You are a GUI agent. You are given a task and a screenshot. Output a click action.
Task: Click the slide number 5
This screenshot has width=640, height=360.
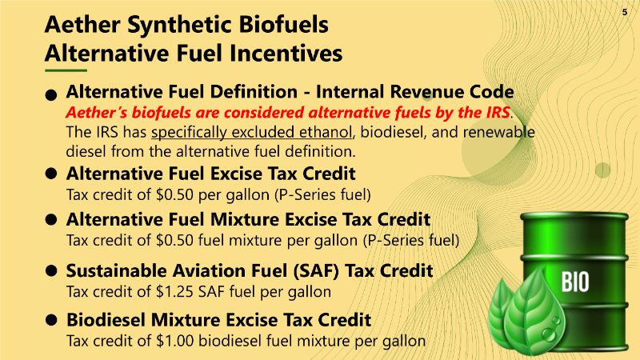(x=625, y=12)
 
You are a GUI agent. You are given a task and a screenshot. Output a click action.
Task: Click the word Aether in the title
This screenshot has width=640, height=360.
(x=82, y=24)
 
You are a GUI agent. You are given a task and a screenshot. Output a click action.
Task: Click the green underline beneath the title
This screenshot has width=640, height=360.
(x=66, y=70)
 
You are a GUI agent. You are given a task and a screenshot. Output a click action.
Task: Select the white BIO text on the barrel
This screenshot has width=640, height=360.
(x=575, y=282)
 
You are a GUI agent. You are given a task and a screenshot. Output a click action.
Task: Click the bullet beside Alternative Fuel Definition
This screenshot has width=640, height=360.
(x=51, y=95)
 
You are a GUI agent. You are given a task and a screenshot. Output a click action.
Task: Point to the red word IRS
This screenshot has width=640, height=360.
(x=497, y=112)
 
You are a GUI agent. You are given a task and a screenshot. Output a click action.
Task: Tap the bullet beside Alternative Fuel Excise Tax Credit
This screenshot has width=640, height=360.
(x=51, y=174)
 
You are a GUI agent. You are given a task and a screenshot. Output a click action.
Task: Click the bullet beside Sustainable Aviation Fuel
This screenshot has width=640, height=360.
(x=51, y=270)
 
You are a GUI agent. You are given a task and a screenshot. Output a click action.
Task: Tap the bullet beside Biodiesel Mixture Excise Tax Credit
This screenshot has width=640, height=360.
(x=51, y=319)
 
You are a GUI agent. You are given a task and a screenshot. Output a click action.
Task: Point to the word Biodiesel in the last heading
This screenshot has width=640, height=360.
(x=106, y=319)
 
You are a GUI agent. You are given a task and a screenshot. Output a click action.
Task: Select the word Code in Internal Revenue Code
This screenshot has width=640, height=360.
(x=491, y=92)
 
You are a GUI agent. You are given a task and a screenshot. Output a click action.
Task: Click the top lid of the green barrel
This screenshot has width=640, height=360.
(x=574, y=215)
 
